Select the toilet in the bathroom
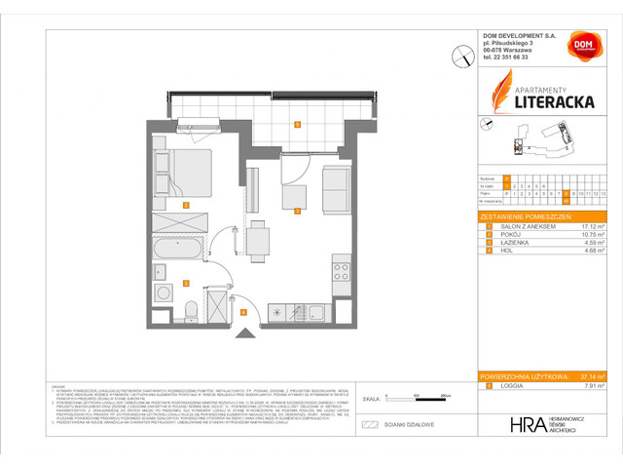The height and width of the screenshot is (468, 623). pyautogui.click(x=193, y=309)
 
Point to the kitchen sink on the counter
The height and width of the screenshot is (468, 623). pyautogui.click(x=316, y=311)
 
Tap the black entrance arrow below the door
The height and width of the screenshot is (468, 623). pyautogui.click(x=243, y=331)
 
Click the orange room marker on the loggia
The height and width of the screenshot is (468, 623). pyautogui.click(x=296, y=123)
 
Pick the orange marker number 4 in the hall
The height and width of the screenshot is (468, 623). pyautogui.click(x=242, y=312)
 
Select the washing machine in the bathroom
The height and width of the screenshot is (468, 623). pyautogui.click(x=161, y=292)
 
